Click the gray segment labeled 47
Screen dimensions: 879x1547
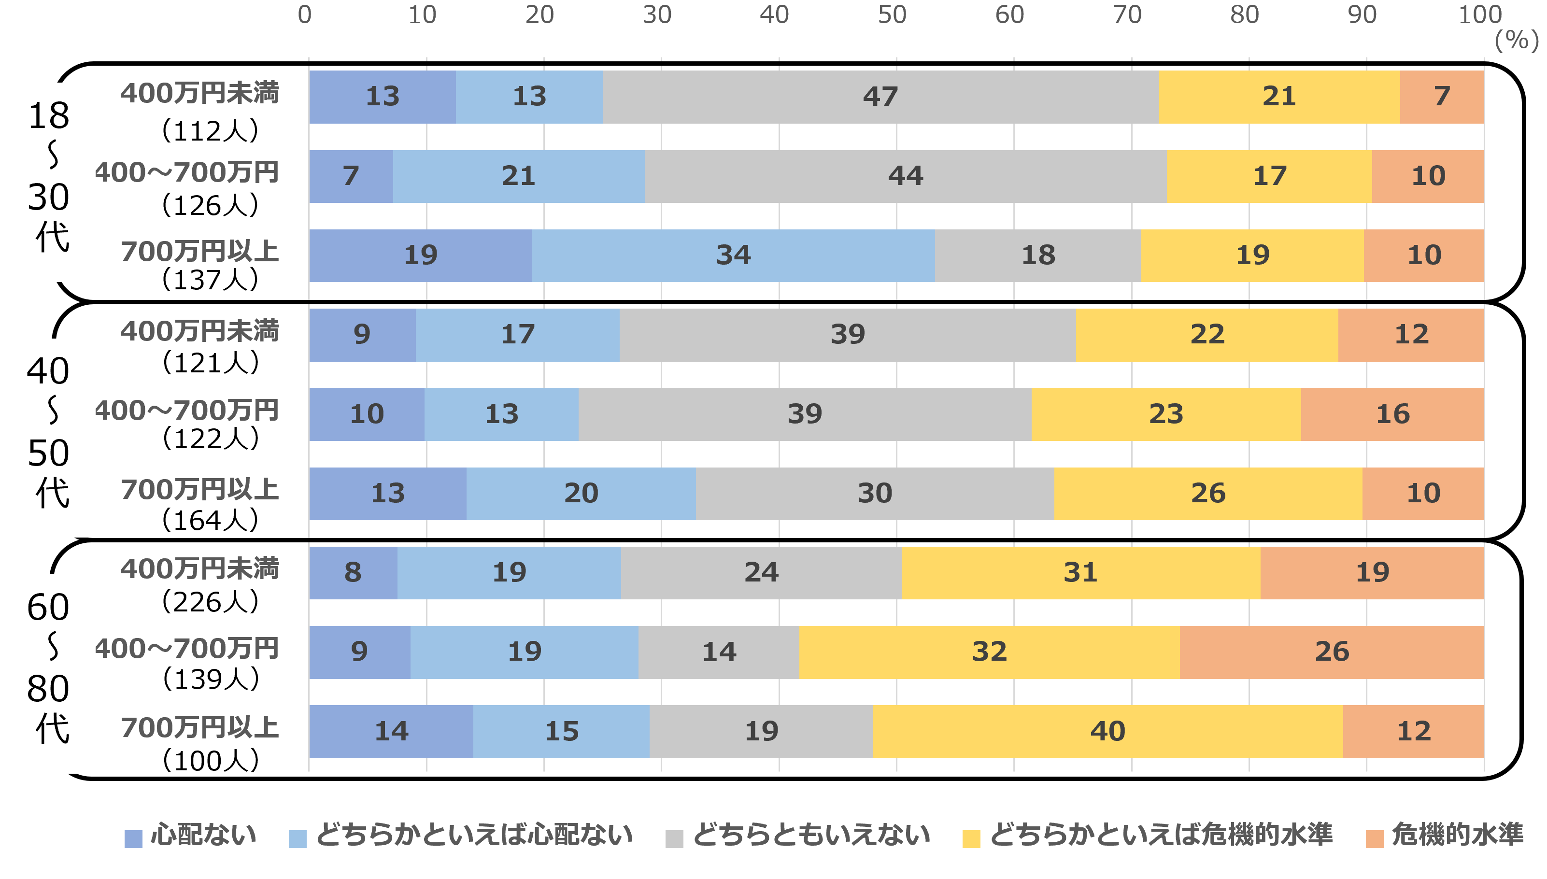pyautogui.click(x=880, y=97)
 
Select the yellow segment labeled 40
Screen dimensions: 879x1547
pyautogui.click(x=1107, y=731)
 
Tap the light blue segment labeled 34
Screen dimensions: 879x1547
pyautogui.click(x=733, y=255)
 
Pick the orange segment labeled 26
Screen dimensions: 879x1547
pyautogui.click(x=1332, y=652)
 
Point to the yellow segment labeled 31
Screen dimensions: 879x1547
pyautogui.click(x=1080, y=572)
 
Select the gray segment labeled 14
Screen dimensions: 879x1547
pyautogui.click(x=718, y=652)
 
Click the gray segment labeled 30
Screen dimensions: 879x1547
pyautogui.click(x=875, y=493)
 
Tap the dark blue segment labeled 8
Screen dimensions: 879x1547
pyautogui.click(x=353, y=572)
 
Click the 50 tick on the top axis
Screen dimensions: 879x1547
pyautogui.click(x=892, y=15)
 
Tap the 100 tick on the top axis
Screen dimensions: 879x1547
pyautogui.click(x=1479, y=15)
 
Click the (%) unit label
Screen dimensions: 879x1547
pyautogui.click(x=1516, y=41)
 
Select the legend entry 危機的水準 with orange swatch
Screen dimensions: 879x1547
pyautogui.click(x=1445, y=836)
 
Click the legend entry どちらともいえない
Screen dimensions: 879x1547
pyautogui.click(x=798, y=836)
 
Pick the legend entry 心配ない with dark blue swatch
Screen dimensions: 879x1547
pyautogui.click(x=191, y=836)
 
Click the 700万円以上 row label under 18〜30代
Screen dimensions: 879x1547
pyautogui.click(x=200, y=252)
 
